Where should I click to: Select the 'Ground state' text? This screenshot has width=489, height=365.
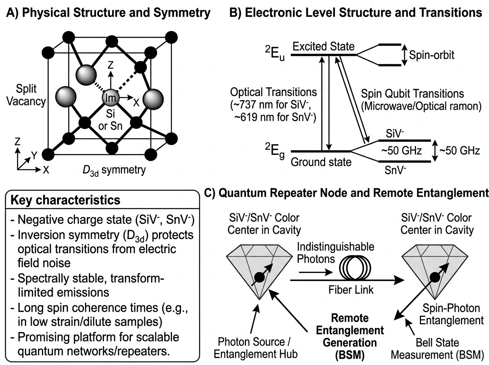coord(321,162)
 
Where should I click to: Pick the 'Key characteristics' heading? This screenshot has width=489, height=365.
coord(65,200)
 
